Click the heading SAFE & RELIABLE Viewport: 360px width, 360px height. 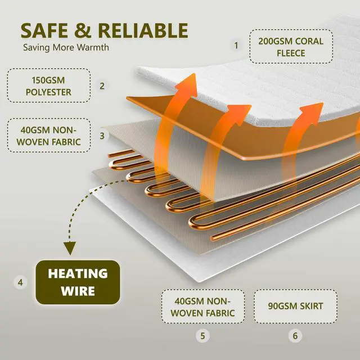[x=104, y=30]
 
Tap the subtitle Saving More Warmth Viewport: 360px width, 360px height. [x=66, y=47]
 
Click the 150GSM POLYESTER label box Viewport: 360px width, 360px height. [x=49, y=85]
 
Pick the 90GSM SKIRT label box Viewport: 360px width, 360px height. [x=295, y=307]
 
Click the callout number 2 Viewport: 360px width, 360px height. [x=102, y=86]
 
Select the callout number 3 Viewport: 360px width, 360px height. [x=102, y=136]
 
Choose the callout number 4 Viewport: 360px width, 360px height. [x=20, y=283]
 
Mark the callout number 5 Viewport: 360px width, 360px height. [x=202, y=336]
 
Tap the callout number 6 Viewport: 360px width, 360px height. [x=295, y=336]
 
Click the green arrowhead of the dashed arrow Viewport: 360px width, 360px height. [x=70, y=248]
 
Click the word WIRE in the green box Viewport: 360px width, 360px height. [x=78, y=291]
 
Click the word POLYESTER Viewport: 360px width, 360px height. [x=49, y=91]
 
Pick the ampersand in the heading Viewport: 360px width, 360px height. [x=81, y=30]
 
